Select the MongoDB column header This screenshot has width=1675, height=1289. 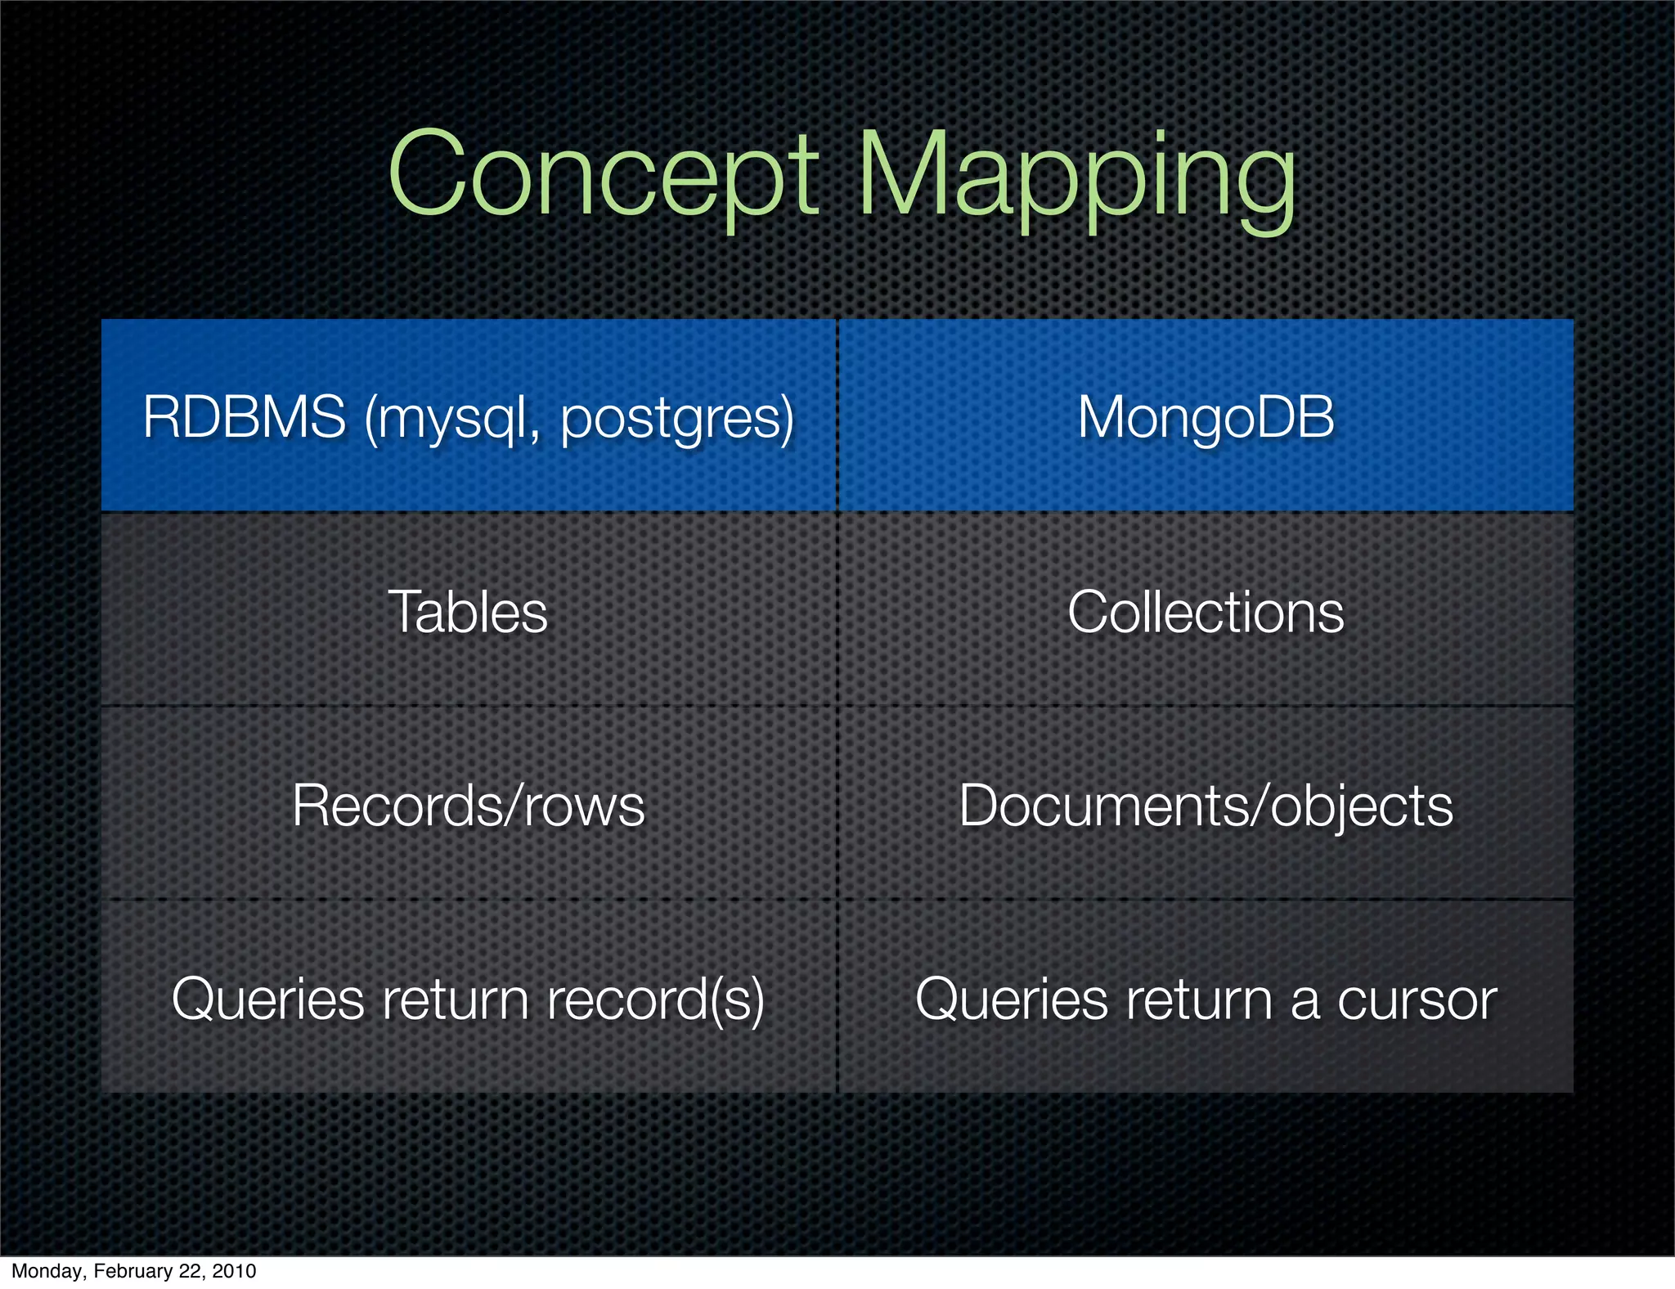[1206, 416]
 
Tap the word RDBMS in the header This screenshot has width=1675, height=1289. [244, 416]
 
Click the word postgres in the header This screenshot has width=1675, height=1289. [676, 419]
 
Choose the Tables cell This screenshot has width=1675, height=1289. [468, 611]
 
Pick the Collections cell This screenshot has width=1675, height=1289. [1206, 611]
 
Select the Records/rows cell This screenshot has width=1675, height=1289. [468, 806]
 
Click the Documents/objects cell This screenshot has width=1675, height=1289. [1206, 806]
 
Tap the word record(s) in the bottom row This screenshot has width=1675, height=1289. [655, 999]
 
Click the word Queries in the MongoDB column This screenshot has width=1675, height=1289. [1011, 999]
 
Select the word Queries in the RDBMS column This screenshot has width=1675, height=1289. [267, 999]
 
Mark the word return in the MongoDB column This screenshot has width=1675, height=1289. [1199, 999]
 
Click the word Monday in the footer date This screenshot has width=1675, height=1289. [46, 1271]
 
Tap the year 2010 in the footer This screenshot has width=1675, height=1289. [233, 1271]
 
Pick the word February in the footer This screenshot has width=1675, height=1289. [132, 1271]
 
